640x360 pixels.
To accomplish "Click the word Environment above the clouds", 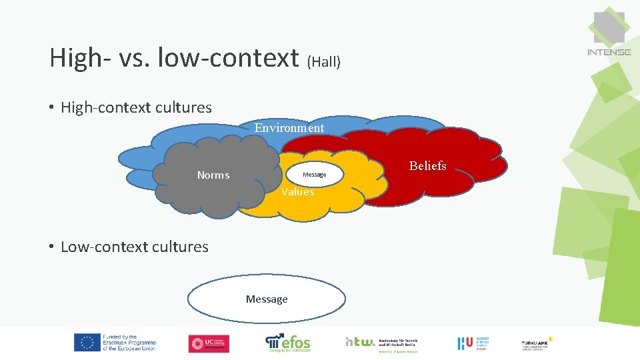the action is tap(289, 128).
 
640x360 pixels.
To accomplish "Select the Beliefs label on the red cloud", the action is tap(427, 166).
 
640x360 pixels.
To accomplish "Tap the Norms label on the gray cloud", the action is tap(213, 175).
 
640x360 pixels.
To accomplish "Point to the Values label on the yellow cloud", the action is tap(297, 192).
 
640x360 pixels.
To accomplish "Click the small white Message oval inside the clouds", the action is tap(314, 175).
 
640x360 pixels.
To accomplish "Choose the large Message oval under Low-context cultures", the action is tap(267, 299).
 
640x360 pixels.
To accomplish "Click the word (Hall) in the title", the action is tap(323, 62).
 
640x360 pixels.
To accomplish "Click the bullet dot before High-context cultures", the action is tap(51, 108).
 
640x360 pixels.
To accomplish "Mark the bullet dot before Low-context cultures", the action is tap(51, 247).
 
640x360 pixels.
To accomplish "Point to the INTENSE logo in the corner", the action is tap(609, 33).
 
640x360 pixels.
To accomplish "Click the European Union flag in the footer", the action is tap(87, 343).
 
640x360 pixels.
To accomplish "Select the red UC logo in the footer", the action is tap(209, 343).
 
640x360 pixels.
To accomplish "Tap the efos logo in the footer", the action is tap(288, 342).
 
